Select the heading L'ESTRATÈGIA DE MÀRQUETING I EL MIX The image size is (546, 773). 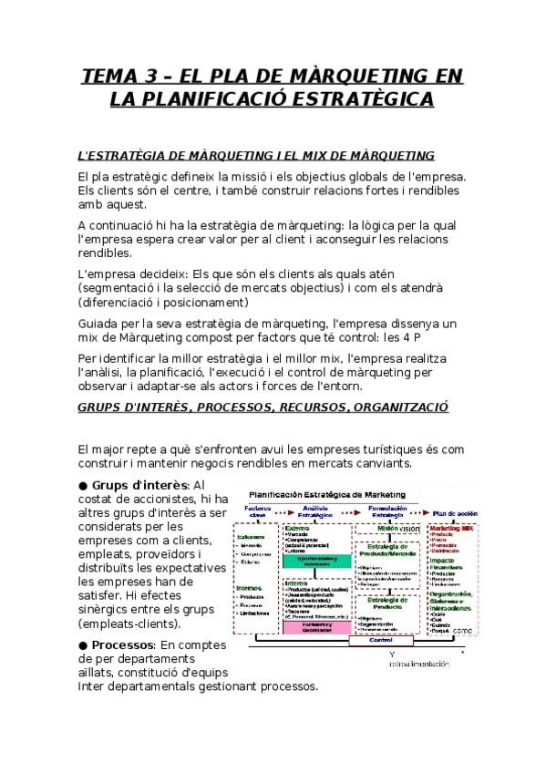click(256, 156)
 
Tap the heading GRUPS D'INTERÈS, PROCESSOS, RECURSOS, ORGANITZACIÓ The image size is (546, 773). click(263, 407)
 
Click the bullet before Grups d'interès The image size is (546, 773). click(83, 485)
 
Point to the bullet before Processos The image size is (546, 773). click(83, 644)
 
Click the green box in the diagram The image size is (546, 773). click(314, 561)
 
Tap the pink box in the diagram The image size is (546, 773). click(314, 626)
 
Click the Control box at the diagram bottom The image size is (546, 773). click(380, 640)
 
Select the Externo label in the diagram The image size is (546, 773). click(297, 528)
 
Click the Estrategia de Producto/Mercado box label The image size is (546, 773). click(381, 548)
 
